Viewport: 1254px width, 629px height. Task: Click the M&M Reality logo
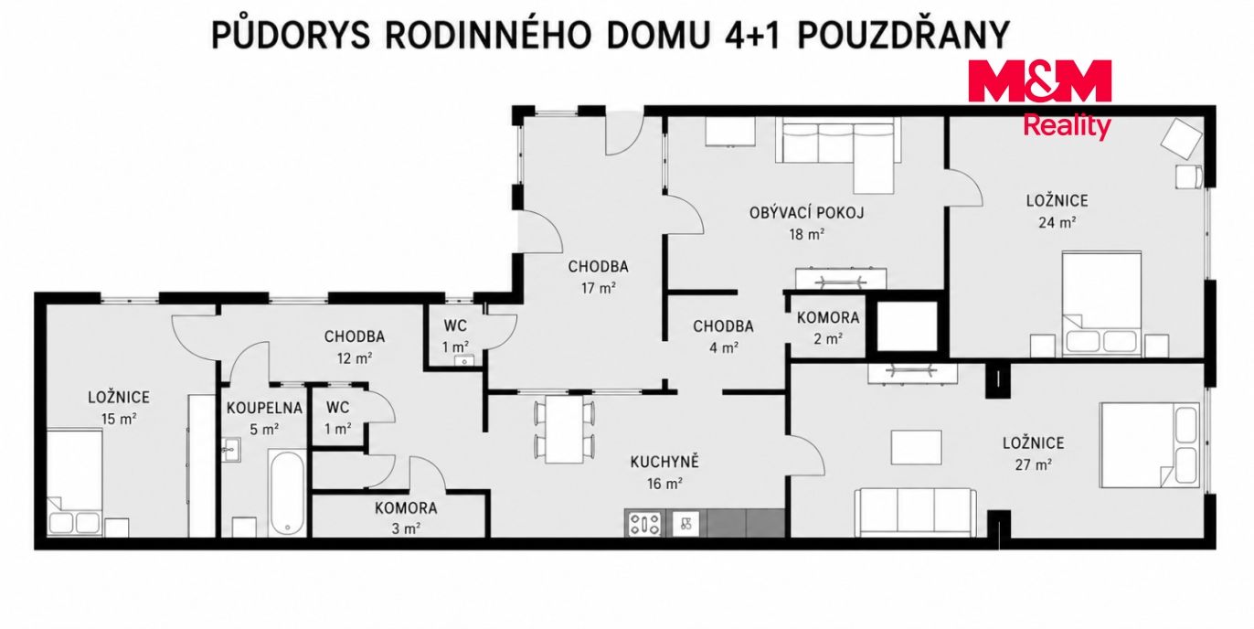(1039, 100)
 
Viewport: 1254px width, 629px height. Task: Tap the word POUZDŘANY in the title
(903, 36)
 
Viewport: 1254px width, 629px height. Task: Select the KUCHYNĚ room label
(664, 462)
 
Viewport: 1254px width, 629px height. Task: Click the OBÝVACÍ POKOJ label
(807, 213)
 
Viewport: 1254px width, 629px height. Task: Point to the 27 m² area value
(1033, 464)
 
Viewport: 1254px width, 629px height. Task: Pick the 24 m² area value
(1057, 222)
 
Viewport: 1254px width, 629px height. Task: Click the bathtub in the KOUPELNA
(287, 493)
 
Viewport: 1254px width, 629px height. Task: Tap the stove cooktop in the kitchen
(643, 524)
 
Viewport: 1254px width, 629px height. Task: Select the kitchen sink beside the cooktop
(685, 524)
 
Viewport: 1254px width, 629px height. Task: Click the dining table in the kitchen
(564, 429)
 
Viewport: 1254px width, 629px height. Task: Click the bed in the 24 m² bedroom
(1101, 303)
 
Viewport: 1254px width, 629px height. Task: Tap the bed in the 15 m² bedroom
(74, 482)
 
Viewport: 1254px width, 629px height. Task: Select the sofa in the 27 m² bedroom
(915, 512)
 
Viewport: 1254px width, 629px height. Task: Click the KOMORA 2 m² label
(828, 328)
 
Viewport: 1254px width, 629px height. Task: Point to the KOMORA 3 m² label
(406, 518)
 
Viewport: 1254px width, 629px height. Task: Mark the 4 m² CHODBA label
(723, 336)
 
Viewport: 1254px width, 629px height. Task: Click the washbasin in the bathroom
(230, 450)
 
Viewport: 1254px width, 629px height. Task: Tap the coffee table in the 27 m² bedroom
(916, 447)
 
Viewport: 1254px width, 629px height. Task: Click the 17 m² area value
(599, 289)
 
